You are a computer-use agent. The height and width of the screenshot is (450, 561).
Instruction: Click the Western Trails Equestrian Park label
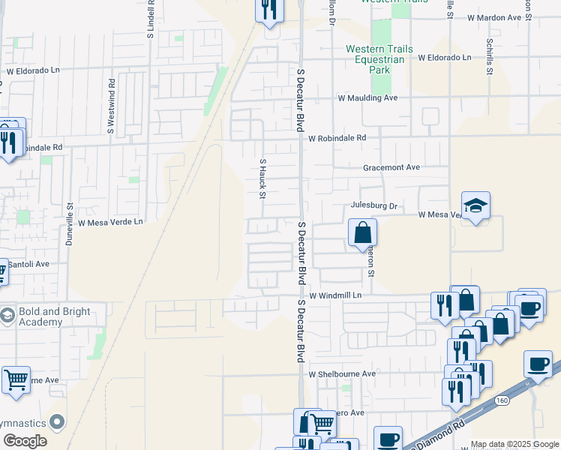pos(379,59)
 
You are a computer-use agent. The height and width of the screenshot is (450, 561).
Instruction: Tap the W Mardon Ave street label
pos(493,17)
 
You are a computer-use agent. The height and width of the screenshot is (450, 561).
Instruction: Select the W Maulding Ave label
pos(367,98)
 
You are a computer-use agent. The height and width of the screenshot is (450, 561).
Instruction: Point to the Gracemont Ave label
pos(391,168)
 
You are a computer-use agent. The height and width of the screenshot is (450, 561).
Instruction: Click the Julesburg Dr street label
pos(373,205)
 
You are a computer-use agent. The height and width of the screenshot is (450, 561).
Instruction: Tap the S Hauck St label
pos(262,178)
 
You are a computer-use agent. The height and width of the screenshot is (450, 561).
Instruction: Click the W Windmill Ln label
pos(335,296)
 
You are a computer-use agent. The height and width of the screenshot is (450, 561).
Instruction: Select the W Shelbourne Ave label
pos(342,373)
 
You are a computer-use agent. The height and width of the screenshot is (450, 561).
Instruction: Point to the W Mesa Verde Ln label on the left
pos(106,222)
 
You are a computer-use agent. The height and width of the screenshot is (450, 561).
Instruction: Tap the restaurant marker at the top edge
pos(269,10)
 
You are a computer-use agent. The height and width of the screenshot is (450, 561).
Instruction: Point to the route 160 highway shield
pos(502,400)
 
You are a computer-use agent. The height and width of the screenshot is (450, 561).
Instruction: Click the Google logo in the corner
pos(24,441)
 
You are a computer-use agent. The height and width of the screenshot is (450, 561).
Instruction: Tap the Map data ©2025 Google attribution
pos(514,444)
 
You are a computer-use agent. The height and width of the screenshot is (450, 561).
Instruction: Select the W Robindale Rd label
pos(337,138)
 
